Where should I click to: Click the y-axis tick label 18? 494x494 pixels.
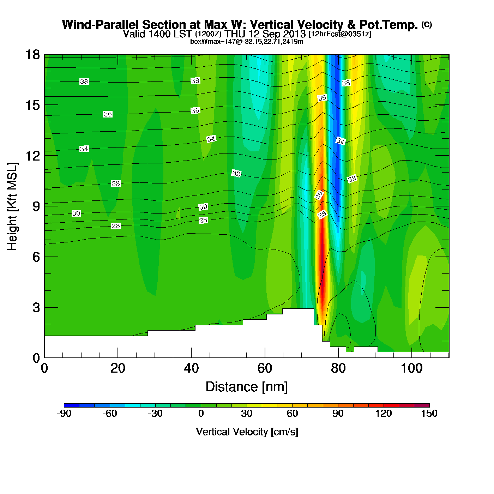pyautogui.click(x=32, y=55)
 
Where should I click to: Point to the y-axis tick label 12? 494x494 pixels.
pyautogui.click(x=32, y=156)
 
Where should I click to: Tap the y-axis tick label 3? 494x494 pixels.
pyautogui.click(x=36, y=307)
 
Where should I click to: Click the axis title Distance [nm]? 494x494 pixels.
pyautogui.click(x=247, y=387)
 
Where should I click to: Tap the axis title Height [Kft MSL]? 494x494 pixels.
pyautogui.click(x=12, y=206)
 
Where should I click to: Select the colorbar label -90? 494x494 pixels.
pyautogui.click(x=64, y=414)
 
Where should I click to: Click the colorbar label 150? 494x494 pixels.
pyautogui.click(x=429, y=414)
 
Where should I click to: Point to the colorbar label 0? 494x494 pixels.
pyautogui.click(x=201, y=414)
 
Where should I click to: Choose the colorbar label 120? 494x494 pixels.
pyautogui.click(x=384, y=414)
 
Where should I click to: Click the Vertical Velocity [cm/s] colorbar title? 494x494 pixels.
pyautogui.click(x=247, y=432)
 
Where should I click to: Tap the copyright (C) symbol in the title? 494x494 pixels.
pyautogui.click(x=427, y=24)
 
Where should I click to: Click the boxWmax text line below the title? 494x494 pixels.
pyautogui.click(x=247, y=42)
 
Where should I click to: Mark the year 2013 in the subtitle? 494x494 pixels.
pyautogui.click(x=294, y=34)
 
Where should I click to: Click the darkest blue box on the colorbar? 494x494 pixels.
pyautogui.click(x=72, y=405)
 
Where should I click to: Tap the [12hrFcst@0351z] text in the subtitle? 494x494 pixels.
pyautogui.click(x=340, y=34)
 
